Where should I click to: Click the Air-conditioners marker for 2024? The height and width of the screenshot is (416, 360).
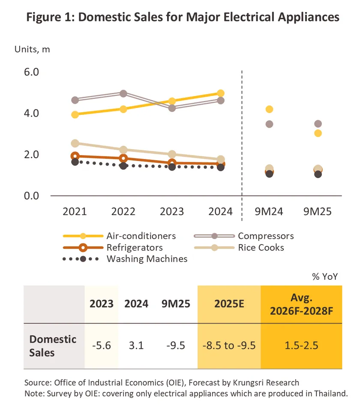221,93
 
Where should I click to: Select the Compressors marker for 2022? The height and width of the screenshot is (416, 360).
123,93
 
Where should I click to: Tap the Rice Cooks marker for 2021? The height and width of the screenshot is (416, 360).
75,143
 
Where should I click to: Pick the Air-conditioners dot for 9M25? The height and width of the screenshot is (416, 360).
318,133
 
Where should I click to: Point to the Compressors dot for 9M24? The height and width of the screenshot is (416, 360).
270,124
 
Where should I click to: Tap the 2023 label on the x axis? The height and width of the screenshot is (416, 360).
171,212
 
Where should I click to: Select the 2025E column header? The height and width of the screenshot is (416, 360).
229,304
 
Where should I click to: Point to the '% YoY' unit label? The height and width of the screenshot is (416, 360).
325,277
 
